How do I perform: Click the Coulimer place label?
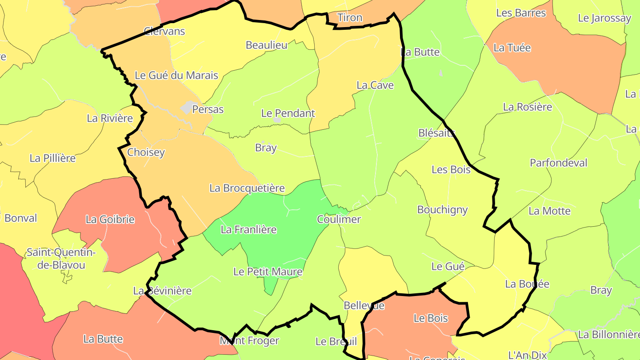pyautogui.click(x=339, y=219)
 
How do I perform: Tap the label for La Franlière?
pyautogui.click(x=248, y=230)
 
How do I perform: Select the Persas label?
pyautogui.click(x=208, y=109)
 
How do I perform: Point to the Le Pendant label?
pyautogui.click(x=288, y=113)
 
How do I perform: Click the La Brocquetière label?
pyautogui.click(x=247, y=188)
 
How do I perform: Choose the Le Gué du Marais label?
pyautogui.click(x=176, y=75)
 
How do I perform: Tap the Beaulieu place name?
pyautogui.click(x=266, y=45)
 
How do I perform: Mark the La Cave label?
pyautogui.click(x=375, y=85)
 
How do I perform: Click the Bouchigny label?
pyautogui.click(x=442, y=210)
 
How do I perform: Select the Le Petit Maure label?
pyautogui.click(x=268, y=272)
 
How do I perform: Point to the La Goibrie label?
pyautogui.click(x=110, y=219)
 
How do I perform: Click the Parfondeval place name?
pyautogui.click(x=558, y=163)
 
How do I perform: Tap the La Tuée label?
pyautogui.click(x=512, y=48)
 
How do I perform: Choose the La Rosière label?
pyautogui.click(x=527, y=107)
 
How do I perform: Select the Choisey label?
pyautogui.click(x=146, y=152)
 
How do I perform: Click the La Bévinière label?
pyautogui.click(x=162, y=291)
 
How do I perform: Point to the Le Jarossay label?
pyautogui.click(x=604, y=18)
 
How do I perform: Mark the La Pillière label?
pyautogui.click(x=52, y=158)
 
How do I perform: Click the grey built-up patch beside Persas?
pyautogui.click(x=188, y=107)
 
